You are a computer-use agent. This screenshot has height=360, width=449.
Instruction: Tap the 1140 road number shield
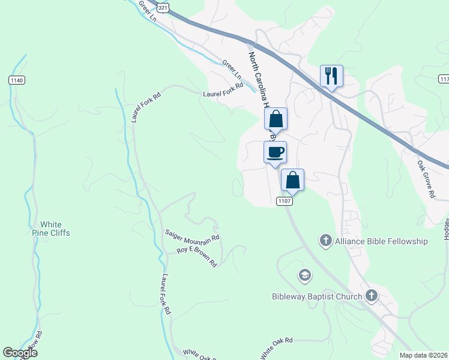point(16,80)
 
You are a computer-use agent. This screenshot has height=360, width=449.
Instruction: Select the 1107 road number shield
point(285,201)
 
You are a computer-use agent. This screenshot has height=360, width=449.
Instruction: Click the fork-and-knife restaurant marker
point(331,76)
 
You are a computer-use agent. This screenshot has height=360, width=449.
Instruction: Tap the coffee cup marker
point(276,152)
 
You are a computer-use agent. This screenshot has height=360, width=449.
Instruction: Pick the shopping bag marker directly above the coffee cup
point(276,119)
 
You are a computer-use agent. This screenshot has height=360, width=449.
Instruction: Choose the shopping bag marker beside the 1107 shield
point(292,179)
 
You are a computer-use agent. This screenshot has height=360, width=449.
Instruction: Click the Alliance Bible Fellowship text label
point(381,241)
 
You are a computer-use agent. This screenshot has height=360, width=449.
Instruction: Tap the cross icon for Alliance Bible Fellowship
point(325,241)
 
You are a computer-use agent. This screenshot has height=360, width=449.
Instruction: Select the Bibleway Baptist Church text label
point(316,296)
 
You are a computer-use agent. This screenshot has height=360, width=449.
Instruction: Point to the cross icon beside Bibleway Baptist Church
point(372,295)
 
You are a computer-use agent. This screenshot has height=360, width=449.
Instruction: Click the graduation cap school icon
point(304,275)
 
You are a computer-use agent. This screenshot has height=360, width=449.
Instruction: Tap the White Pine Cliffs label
point(51,229)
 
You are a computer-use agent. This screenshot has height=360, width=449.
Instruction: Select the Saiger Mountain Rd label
point(193,236)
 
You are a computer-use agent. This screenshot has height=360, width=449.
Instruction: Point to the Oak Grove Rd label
point(426,179)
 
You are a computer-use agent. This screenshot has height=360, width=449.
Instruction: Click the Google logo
point(20,353)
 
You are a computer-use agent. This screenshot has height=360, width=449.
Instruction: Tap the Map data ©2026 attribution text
point(424,355)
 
